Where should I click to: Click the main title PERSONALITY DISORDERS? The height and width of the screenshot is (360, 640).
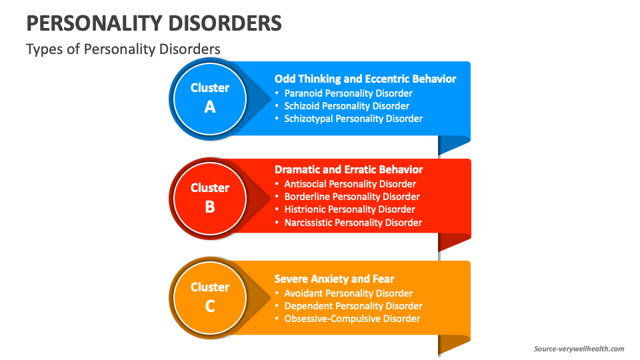[153, 23]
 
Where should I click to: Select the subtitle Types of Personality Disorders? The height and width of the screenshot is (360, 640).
[123, 49]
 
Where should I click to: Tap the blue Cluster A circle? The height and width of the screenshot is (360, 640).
[210, 97]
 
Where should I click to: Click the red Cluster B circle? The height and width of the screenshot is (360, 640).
[210, 197]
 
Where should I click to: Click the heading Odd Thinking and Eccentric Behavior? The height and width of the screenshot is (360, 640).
[365, 79]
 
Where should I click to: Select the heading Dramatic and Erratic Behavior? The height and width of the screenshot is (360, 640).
[349, 169]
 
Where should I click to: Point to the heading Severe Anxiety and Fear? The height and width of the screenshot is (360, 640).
[334, 279]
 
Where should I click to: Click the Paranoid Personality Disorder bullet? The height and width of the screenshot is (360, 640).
[348, 93]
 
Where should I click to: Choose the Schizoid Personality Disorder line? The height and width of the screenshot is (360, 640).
[347, 106]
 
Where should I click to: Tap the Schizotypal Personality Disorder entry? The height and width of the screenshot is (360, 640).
[353, 119]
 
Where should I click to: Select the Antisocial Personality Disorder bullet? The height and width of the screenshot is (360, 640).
[350, 184]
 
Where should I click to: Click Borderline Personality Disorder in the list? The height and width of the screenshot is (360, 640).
[352, 197]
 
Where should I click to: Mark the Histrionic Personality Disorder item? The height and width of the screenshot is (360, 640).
[349, 209]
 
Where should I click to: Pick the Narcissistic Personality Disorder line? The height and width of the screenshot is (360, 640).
[353, 223]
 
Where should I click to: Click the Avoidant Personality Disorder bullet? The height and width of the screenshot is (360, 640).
[348, 293]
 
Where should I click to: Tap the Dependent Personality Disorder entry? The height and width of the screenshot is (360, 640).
[353, 306]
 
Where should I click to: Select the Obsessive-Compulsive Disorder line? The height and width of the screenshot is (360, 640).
[352, 319]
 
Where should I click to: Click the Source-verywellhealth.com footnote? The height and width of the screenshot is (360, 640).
[579, 349]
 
